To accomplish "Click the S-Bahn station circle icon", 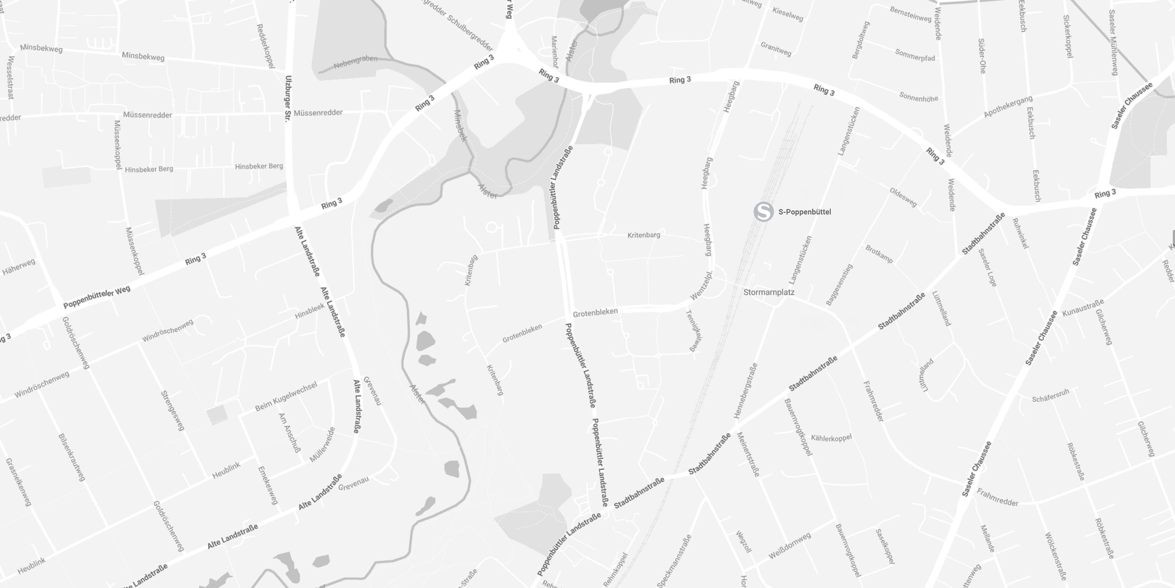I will click(x=763, y=212).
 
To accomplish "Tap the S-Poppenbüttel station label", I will click(x=804, y=212).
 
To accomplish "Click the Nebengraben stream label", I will click(x=355, y=62).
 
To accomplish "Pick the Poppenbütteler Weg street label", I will click(x=97, y=297).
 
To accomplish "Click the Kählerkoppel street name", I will click(x=831, y=438).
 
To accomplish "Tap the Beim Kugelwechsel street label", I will click(x=286, y=397).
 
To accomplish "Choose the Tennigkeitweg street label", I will click(x=694, y=330).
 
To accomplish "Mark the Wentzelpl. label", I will click(x=701, y=286).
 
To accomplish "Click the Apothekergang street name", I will click(x=1008, y=106).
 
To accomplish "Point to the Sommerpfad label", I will click(x=915, y=55).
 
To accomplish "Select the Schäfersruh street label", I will click(x=1050, y=396).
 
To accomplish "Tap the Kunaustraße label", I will click(x=1083, y=308).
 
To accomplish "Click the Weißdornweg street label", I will click(x=790, y=546).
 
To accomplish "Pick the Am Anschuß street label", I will click(x=290, y=432).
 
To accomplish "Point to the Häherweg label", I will click(x=19, y=267).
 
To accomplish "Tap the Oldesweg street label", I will click(x=903, y=197).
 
